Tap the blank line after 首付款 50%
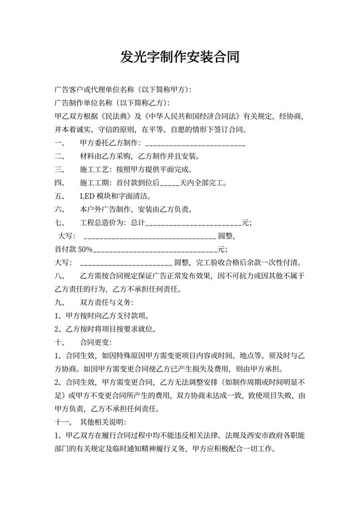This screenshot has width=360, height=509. click(155, 250)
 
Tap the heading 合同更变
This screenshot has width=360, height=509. click(96, 342)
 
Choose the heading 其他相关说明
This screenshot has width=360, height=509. click(102, 422)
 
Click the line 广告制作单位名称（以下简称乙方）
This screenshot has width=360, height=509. click(113, 103)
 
